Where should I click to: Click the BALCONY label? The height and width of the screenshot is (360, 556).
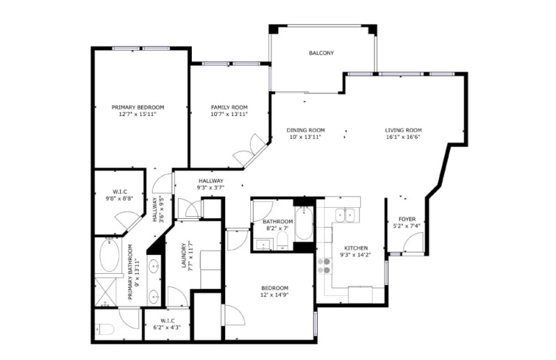point(321,54)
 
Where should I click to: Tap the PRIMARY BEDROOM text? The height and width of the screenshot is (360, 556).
point(138,108)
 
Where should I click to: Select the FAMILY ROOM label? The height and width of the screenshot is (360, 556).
point(229,108)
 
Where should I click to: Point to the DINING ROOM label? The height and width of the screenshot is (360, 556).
point(306,130)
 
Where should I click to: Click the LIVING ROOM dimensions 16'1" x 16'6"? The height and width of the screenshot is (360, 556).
point(403,138)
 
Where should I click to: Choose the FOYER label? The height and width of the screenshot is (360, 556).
point(407,219)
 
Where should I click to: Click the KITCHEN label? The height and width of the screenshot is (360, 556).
point(356,248)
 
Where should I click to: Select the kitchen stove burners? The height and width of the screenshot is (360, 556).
point(324,266)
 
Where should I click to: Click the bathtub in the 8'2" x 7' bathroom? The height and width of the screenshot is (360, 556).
point(304,224)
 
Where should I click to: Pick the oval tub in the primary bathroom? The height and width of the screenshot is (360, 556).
point(109,255)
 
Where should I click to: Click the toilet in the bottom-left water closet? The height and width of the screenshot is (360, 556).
point(105,329)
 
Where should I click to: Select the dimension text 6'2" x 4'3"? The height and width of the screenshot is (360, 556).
point(167,328)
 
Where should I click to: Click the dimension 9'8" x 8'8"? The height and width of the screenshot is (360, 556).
point(119,199)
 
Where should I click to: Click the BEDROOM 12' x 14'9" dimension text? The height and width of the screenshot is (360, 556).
point(275,295)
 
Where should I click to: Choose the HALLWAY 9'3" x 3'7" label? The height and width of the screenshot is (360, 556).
point(211,184)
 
